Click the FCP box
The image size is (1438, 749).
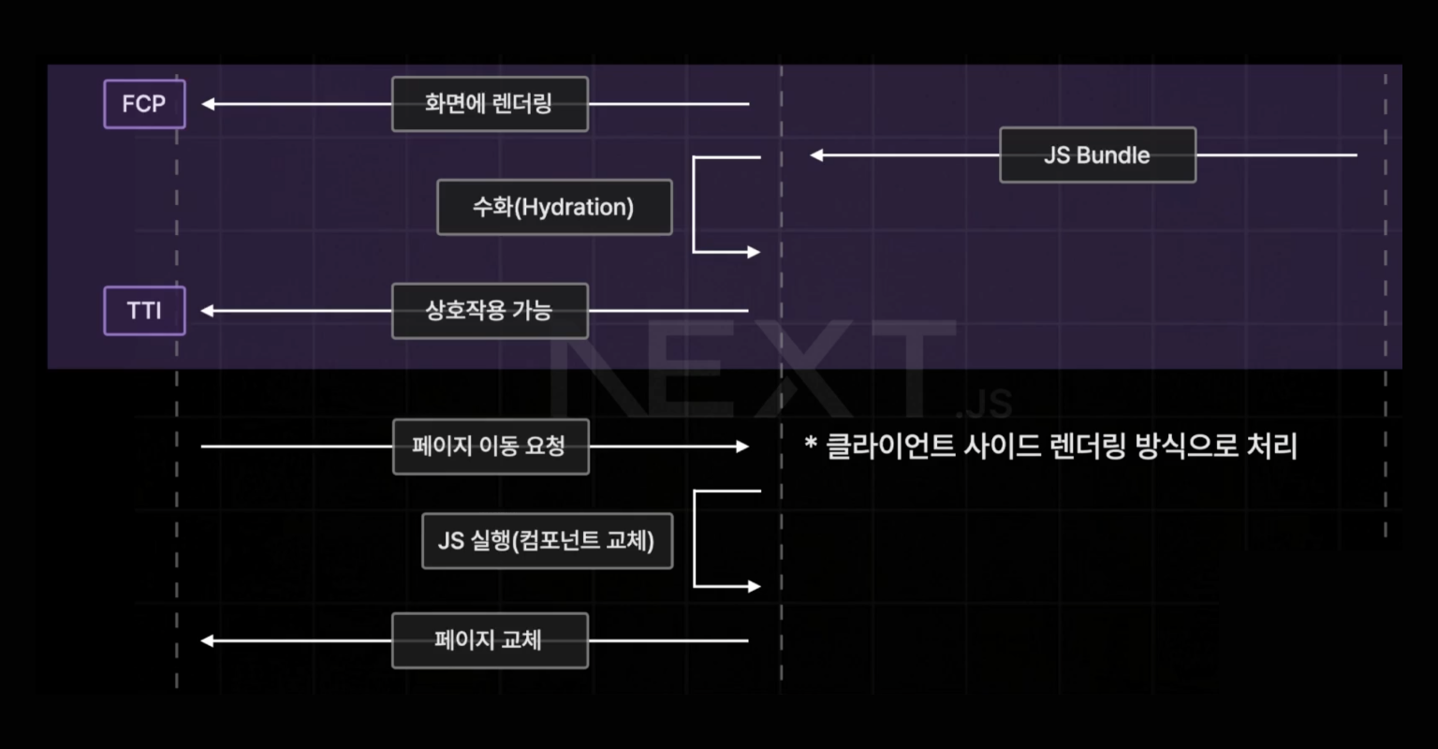(144, 104)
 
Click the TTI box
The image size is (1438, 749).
(144, 311)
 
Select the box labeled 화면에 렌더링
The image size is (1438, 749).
(490, 104)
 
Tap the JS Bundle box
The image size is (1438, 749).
(1097, 155)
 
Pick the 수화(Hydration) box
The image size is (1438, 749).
(554, 207)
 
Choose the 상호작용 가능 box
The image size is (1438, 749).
(490, 311)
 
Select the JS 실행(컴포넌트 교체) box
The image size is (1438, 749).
(547, 540)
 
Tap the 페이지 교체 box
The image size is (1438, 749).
(490, 640)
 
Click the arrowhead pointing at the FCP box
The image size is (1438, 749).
(208, 104)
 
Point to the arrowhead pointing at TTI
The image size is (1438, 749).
(208, 311)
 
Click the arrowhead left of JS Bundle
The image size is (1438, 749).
(816, 155)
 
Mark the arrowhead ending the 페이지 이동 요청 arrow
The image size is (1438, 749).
(742, 447)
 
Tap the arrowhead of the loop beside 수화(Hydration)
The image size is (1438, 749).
(754, 252)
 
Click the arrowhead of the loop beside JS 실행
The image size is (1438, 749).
(754, 586)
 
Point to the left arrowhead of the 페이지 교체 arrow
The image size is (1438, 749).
(208, 640)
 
